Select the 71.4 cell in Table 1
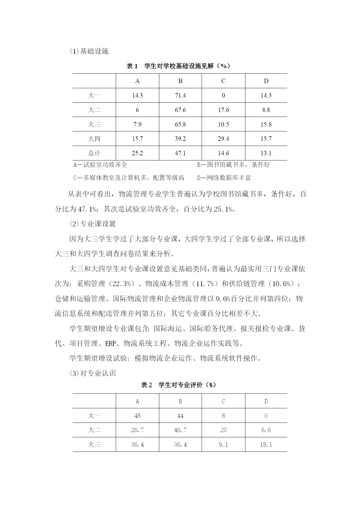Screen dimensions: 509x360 coord(180,95)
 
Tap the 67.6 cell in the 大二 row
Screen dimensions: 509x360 coord(180,110)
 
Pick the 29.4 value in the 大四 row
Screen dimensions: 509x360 coord(223,139)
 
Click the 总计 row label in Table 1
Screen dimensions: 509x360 coord(94,153)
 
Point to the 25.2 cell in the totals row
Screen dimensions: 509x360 coord(137,153)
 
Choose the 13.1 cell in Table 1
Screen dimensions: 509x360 coord(266,153)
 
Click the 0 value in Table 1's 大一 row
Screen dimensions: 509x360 coord(223,95)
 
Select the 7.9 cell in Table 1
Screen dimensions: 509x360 coord(137,124)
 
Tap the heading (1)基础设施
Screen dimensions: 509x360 coord(89,51)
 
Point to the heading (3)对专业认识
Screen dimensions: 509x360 coord(93,373)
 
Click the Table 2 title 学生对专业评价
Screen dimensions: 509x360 coord(178,385)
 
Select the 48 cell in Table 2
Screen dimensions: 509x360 coord(137,416)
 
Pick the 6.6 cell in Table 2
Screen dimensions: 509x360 coord(266,430)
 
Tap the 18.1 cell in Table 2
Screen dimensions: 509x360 coord(266,445)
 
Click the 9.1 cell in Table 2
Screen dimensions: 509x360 coord(223,445)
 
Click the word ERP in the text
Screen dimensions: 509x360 coord(111,344)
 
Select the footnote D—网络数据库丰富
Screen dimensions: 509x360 coord(224,178)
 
